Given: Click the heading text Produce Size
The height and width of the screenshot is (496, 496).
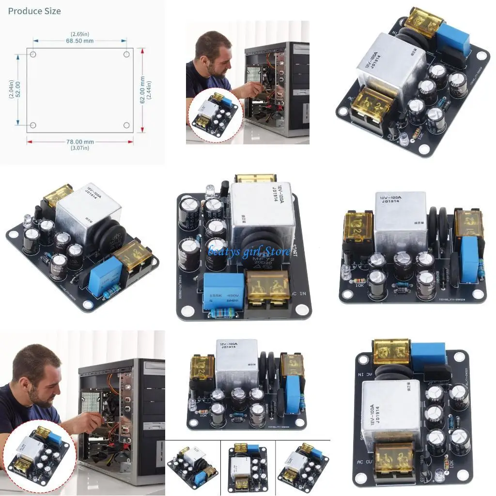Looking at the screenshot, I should [34, 11].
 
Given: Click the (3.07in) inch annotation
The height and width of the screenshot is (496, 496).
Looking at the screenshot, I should [79, 148].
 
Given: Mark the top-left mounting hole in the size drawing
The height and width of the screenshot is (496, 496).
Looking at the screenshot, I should [33, 54].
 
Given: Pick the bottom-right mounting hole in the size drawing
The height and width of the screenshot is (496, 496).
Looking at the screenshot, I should [126, 125].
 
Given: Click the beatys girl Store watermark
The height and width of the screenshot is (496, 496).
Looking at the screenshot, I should [249, 250].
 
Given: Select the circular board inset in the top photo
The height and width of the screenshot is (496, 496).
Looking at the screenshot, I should [213, 113].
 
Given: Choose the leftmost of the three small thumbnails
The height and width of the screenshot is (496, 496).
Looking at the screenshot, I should [192, 468].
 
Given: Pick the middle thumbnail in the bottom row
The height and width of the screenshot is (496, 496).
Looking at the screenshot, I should [248, 468].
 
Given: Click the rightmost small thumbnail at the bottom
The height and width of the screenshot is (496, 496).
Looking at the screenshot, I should [303, 468].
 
